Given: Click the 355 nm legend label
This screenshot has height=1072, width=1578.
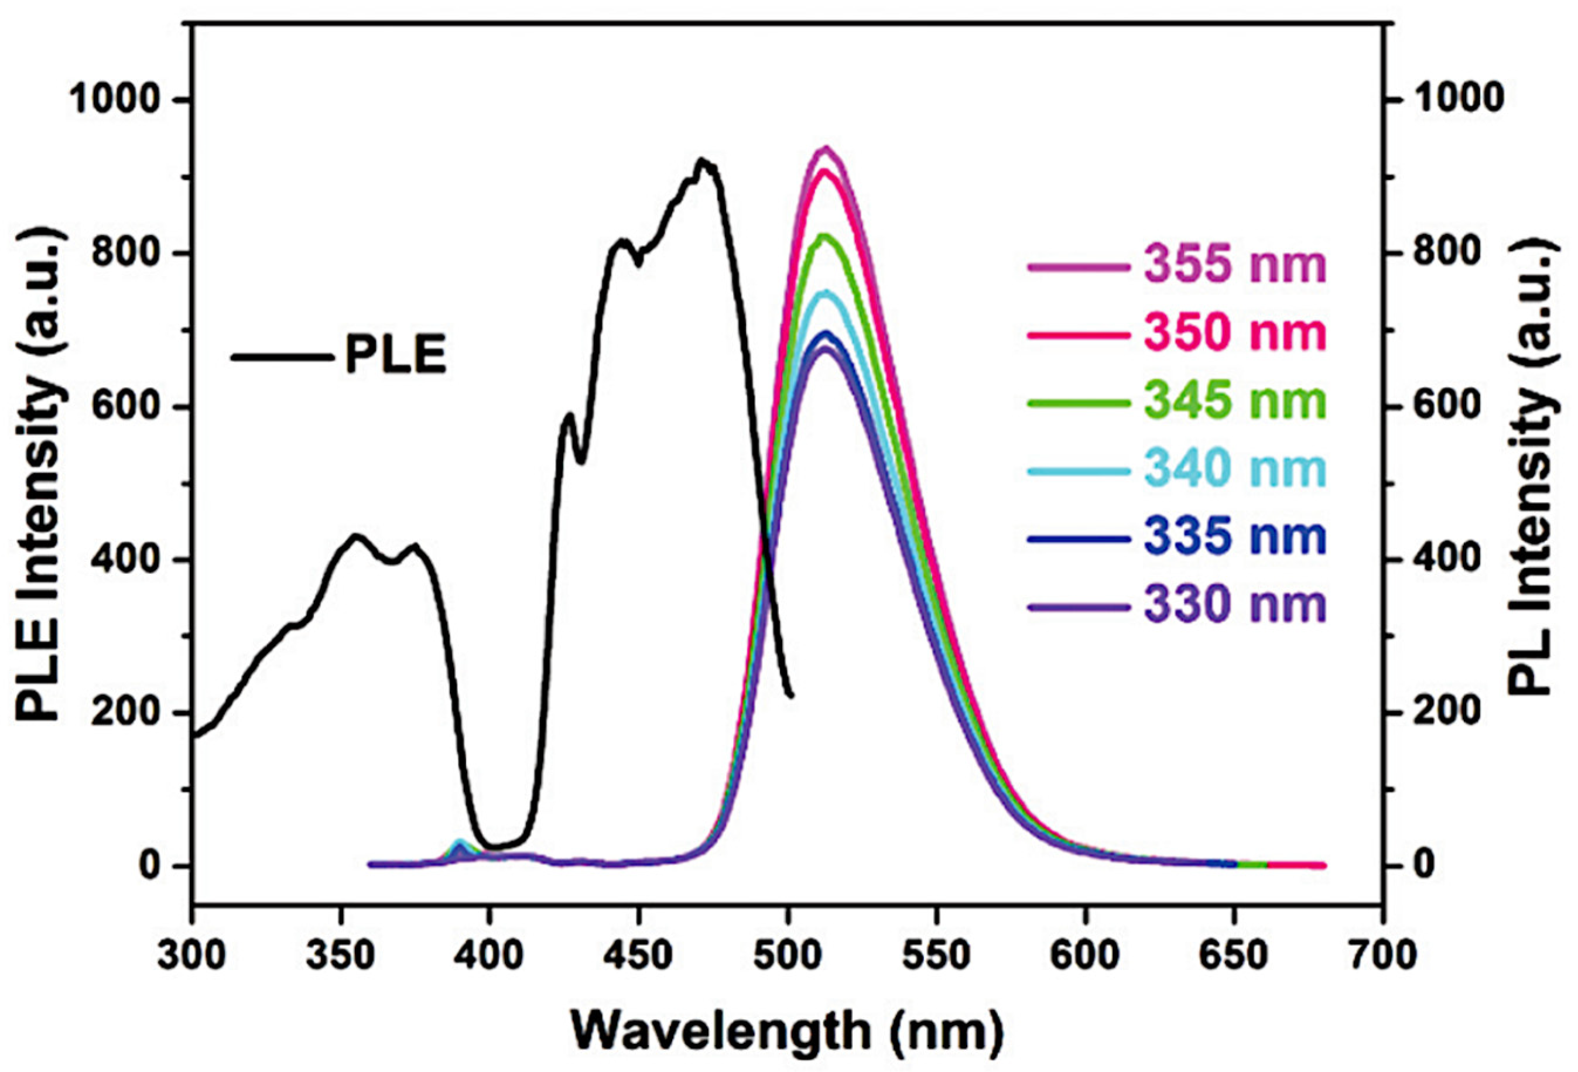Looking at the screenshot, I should pyautogui.click(x=1234, y=265).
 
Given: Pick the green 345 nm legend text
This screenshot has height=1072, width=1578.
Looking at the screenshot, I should pyautogui.click(x=1234, y=401).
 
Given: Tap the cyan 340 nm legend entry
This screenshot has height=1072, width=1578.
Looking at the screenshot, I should pyautogui.click(x=1234, y=469).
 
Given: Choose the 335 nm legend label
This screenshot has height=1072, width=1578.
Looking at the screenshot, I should pyautogui.click(x=1234, y=537).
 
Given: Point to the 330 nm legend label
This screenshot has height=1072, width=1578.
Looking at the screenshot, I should pyautogui.click(x=1234, y=605).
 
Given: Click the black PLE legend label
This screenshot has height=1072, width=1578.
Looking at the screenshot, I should pyautogui.click(x=396, y=355).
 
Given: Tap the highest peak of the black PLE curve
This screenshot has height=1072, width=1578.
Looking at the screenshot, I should pyautogui.click(x=702, y=160).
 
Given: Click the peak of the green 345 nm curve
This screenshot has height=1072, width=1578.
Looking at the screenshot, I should pyautogui.click(x=824, y=235).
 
